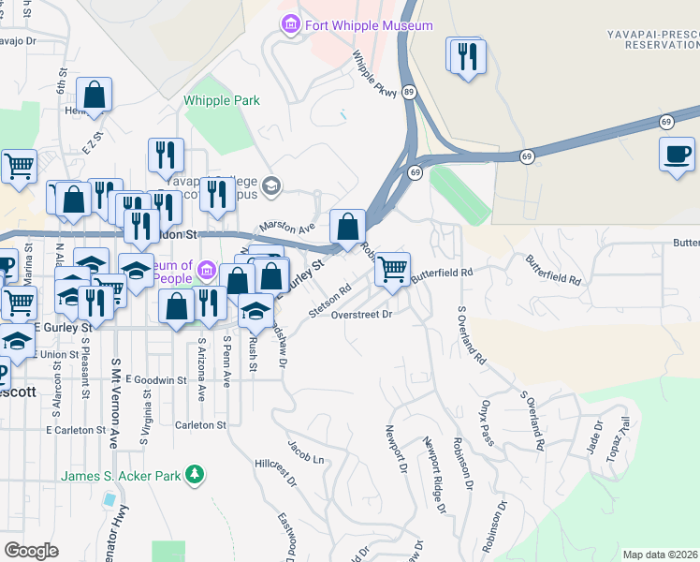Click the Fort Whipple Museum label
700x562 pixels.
[369, 25]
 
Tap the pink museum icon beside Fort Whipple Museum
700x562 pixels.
[291, 24]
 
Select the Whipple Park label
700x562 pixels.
[222, 100]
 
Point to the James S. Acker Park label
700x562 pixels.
[121, 476]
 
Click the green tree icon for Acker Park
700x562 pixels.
[195, 476]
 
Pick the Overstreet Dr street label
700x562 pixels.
[361, 315]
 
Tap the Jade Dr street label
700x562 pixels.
[596, 433]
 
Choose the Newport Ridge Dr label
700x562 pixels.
[434, 474]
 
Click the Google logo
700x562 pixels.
[31, 551]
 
